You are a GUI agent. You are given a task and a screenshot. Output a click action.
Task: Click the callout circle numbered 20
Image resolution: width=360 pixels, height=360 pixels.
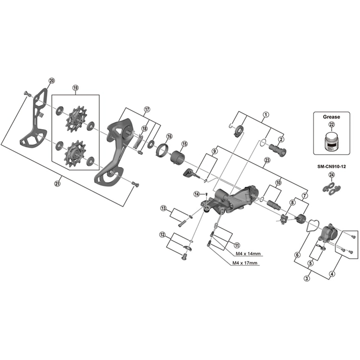pyautogui.click(x=51, y=81)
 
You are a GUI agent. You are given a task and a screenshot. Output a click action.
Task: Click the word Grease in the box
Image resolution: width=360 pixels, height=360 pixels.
pyautogui.click(x=332, y=116)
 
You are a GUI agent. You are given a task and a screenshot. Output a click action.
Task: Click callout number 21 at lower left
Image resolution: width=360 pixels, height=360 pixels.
pyautogui.click(x=57, y=183)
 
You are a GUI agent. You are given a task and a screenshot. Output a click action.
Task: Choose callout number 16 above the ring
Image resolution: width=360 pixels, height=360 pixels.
pyautogui.click(x=169, y=136)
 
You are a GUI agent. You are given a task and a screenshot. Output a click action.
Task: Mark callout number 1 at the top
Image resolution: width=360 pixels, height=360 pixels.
pyautogui.click(x=266, y=115)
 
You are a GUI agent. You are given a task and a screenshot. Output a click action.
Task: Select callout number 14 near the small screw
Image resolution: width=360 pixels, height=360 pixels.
pyautogui.click(x=197, y=193)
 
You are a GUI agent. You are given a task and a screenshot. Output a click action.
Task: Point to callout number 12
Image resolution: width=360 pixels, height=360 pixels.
pyautogui.click(x=162, y=234)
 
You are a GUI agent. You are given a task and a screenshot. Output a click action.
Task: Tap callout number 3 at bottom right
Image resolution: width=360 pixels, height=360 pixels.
pyautogui.click(x=307, y=279)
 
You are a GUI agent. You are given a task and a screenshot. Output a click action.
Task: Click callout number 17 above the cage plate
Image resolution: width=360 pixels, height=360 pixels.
pyautogui.click(x=147, y=109)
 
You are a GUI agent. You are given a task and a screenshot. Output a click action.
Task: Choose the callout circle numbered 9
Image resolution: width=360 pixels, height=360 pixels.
pyautogui.click(x=215, y=151)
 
